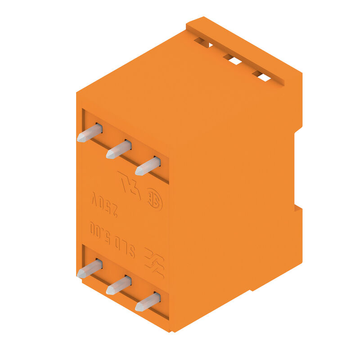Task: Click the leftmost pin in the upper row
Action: click(89, 133)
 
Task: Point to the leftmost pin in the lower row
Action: click(89, 269)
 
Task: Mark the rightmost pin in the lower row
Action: click(148, 302)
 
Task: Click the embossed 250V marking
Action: click(104, 205)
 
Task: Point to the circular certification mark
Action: click(154, 202)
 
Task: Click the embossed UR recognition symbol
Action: click(129, 184)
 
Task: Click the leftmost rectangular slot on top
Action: click(204, 43)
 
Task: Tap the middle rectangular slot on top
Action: click(233, 60)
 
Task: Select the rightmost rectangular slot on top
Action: click(262, 76)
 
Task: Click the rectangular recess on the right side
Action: click(298, 169)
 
